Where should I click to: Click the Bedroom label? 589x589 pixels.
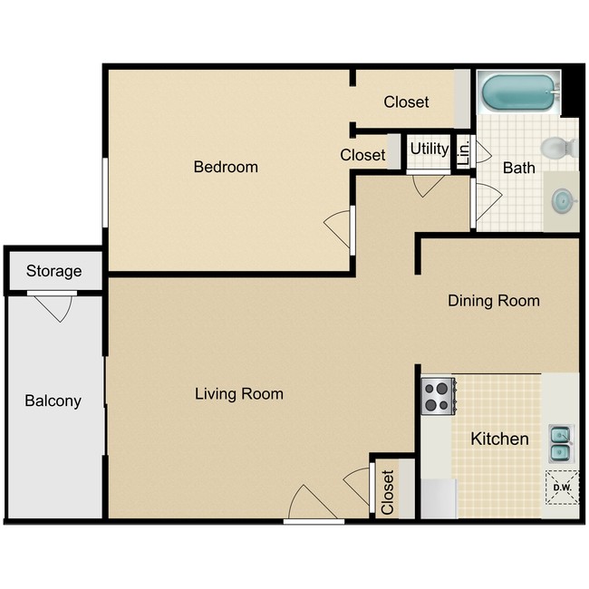(x=226, y=167)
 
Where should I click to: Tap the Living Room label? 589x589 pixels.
(x=239, y=394)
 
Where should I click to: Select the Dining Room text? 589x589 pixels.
(x=494, y=301)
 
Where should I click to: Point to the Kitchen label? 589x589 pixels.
(x=499, y=439)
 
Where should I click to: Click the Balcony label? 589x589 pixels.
(x=53, y=401)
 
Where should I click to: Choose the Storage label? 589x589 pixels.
(x=53, y=271)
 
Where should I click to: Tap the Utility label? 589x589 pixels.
(x=429, y=149)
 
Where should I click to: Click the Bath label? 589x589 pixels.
(x=519, y=168)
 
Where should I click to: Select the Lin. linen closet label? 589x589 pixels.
(x=462, y=151)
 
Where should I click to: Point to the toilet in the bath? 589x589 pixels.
(x=556, y=146)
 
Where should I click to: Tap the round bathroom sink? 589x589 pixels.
(x=562, y=199)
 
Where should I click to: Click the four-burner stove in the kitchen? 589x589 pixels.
(x=438, y=395)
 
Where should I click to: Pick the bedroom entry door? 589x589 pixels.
(x=338, y=229)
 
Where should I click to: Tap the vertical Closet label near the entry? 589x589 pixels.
(x=388, y=492)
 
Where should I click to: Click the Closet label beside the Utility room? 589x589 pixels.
(x=362, y=156)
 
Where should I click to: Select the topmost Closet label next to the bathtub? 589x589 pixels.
(x=406, y=102)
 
